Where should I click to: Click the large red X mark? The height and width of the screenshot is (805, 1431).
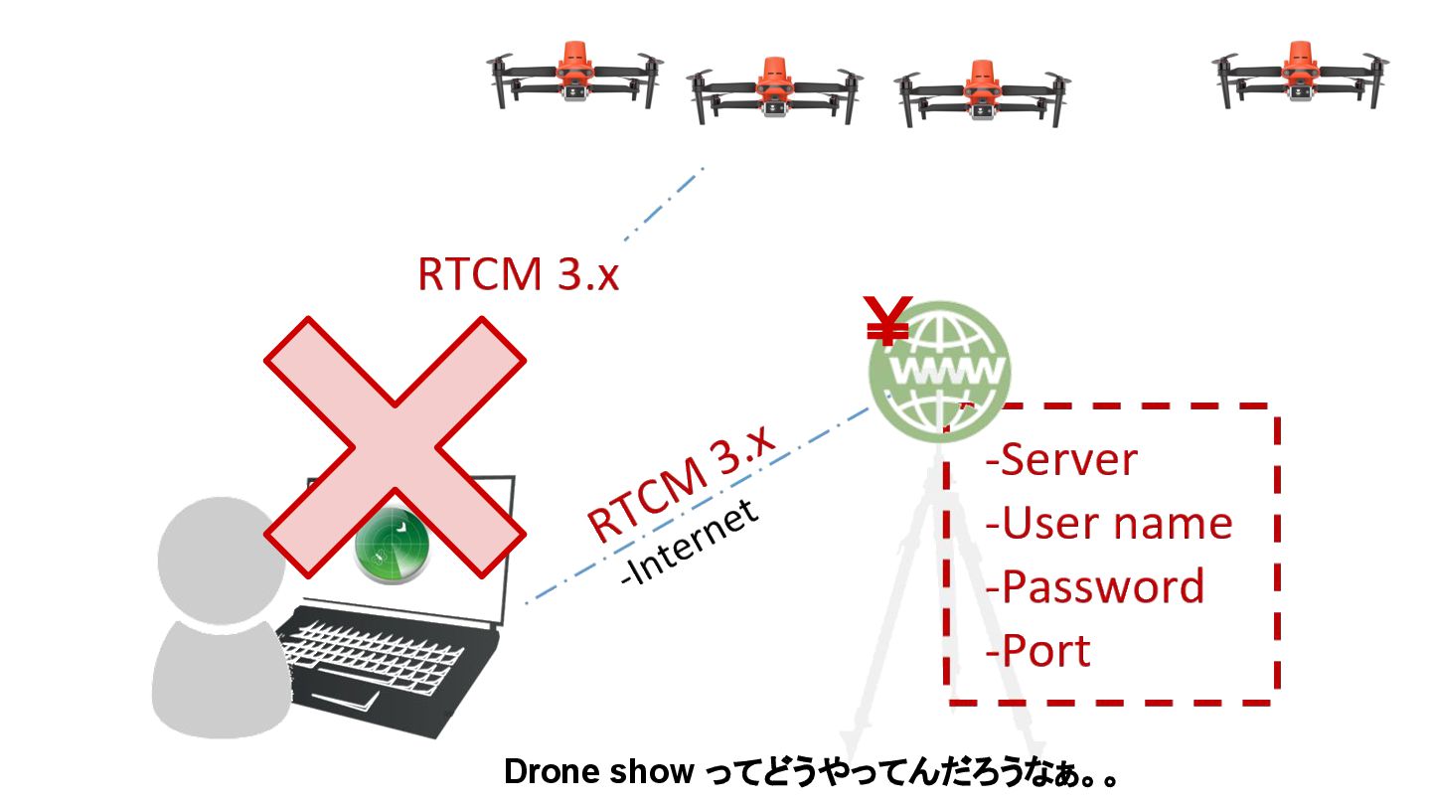(x=395, y=446)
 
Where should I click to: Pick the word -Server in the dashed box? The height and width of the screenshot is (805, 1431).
(x=1060, y=460)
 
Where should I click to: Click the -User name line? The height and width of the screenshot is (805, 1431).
(x=1108, y=524)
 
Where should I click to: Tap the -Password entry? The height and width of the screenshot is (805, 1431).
(x=1093, y=586)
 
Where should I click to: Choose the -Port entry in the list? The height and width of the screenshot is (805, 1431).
(x=1037, y=651)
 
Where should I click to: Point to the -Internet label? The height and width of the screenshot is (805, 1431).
(x=689, y=545)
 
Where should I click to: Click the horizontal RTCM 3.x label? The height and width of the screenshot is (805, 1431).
(x=518, y=274)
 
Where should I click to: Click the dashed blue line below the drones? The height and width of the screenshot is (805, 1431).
(x=664, y=205)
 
